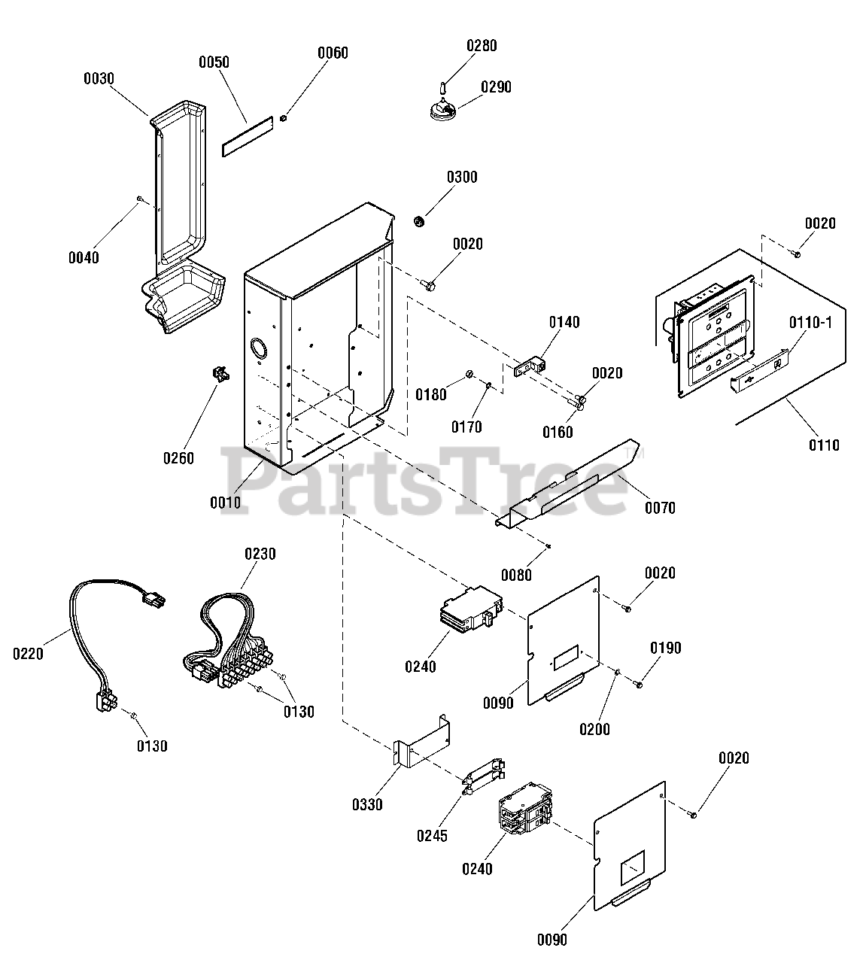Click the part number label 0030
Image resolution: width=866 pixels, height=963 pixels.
[99, 77]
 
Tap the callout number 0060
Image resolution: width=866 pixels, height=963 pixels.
[333, 53]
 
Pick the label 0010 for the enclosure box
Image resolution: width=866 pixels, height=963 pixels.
[226, 503]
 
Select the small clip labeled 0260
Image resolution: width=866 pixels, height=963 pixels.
[220, 374]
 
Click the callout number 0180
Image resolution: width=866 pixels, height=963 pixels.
[431, 394]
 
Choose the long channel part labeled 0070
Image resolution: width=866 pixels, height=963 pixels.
[572, 485]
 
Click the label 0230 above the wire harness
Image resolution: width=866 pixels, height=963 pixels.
[260, 554]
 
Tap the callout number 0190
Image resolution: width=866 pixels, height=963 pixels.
[666, 648]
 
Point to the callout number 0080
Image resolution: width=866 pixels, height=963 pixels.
[516, 575]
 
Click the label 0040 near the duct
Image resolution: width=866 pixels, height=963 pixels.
[84, 257]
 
